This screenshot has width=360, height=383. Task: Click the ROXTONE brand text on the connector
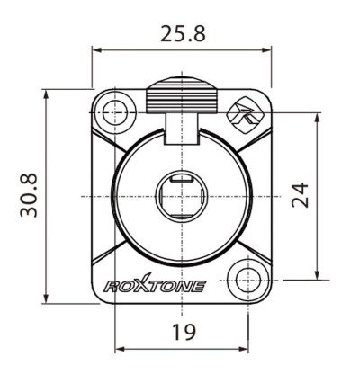[x=156, y=287]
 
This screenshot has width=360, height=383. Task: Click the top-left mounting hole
[x=113, y=112]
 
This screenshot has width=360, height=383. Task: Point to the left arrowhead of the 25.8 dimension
[x=95, y=54]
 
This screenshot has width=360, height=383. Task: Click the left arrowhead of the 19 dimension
[x=118, y=349]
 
